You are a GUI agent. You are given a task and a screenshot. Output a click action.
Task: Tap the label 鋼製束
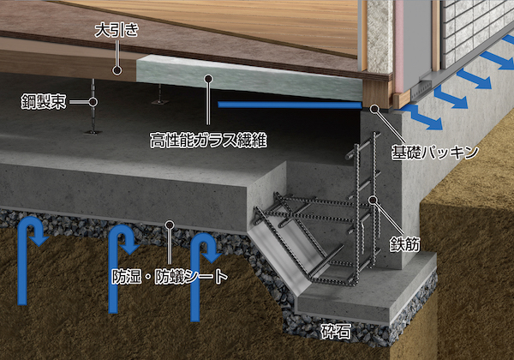click(x=45, y=102)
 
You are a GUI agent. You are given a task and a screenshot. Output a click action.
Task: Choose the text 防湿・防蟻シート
click(x=170, y=277)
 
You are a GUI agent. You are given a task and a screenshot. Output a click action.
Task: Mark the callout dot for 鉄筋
click(x=374, y=200)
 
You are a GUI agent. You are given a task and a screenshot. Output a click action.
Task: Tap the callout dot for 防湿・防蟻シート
click(x=170, y=226)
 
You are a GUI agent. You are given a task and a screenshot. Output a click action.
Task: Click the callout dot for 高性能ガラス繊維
click(x=207, y=78)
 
